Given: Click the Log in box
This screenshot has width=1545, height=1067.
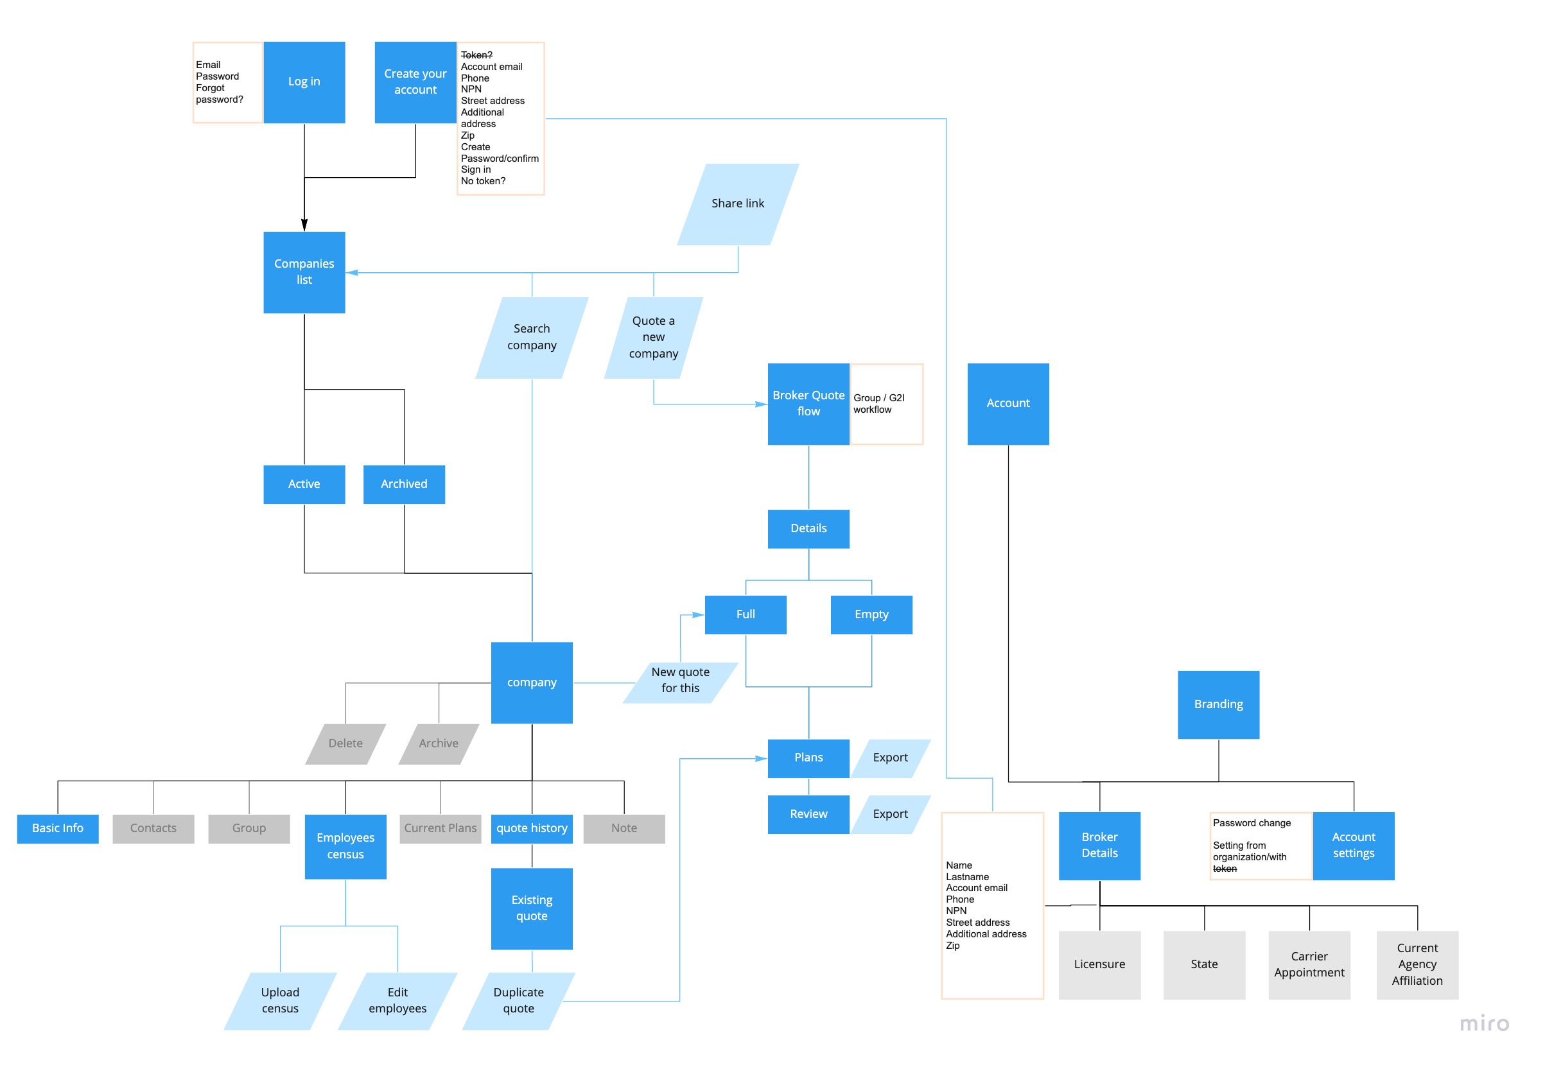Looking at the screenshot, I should pyautogui.click(x=304, y=82).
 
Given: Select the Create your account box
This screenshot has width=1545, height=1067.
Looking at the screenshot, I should pyautogui.click(x=415, y=82).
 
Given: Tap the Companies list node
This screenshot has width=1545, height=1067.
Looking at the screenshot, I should pyautogui.click(x=304, y=272).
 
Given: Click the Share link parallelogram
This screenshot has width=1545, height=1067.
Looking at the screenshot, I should pyautogui.click(x=737, y=204).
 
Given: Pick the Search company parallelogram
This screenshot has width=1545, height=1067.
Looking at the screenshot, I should pyautogui.click(x=532, y=338).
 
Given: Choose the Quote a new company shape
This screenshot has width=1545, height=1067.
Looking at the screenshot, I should pyautogui.click(x=653, y=338).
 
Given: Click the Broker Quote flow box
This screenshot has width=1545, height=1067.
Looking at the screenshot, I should pyautogui.click(x=808, y=404).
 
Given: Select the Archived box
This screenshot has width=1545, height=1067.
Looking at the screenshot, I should pyautogui.click(x=404, y=484).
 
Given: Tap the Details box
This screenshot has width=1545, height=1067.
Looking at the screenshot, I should pyautogui.click(x=808, y=529).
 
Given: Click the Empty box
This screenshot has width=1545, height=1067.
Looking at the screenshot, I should pyautogui.click(x=871, y=614).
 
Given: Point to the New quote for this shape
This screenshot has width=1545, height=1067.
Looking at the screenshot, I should pyautogui.click(x=680, y=681).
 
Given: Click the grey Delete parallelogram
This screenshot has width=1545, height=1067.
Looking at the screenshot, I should pyautogui.click(x=345, y=743).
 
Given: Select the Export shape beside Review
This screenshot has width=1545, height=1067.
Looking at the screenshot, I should pyautogui.click(x=890, y=814).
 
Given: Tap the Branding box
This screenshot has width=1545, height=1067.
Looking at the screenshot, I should pyautogui.click(x=1218, y=705).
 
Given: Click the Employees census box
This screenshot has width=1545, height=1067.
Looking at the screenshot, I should pyautogui.click(x=345, y=846).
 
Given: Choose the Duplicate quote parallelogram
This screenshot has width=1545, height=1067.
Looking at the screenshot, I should pyautogui.click(x=518, y=1001).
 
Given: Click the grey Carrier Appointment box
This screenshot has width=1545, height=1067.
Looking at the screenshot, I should pyautogui.click(x=1309, y=965).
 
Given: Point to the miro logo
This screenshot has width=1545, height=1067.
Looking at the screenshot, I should pyautogui.click(x=1483, y=1023).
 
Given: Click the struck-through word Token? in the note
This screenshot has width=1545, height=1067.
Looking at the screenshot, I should pyautogui.click(x=476, y=55).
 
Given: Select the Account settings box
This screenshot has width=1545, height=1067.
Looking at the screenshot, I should pyautogui.click(x=1353, y=846).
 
